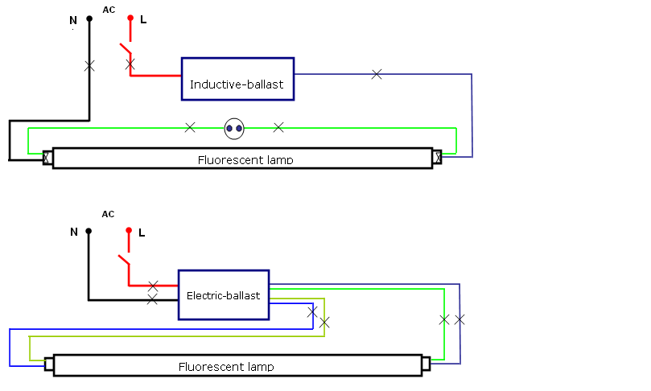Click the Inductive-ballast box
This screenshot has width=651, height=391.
pos(237,79)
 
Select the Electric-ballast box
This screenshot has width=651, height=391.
pos(224,294)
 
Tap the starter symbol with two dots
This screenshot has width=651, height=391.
pos(234,127)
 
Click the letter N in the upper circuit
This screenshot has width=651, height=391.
pos(72,20)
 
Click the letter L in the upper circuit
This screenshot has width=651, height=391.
pos(143,20)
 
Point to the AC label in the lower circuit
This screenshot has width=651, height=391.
pos(109,214)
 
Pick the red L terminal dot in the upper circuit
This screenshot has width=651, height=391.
pos(130,17)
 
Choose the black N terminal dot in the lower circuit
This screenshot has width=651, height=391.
pos(89,231)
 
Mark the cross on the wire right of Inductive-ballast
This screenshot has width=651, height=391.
pos(377,74)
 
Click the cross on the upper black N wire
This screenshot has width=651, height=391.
pos(89,66)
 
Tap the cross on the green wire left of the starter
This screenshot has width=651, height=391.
pos(190,127)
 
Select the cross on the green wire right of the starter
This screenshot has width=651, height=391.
pos(278,127)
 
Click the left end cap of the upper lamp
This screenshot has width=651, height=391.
pos(47,157)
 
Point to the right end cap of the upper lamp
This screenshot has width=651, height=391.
pos(438,157)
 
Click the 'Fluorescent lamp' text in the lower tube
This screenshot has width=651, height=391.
pos(226,367)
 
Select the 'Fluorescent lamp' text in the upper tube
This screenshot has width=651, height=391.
pos(245,160)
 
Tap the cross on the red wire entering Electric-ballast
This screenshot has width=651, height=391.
pos(153,286)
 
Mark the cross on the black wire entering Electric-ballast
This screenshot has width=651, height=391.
pos(152,299)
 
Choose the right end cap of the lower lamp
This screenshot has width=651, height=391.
pos(426,364)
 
